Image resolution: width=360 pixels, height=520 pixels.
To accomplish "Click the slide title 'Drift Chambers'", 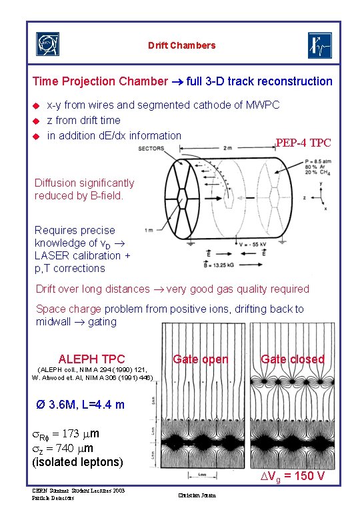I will (x=182, y=45).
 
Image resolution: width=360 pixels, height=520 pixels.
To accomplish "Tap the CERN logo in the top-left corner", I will (x=47, y=45).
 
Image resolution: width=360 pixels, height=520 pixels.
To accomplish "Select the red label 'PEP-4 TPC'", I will (x=303, y=143).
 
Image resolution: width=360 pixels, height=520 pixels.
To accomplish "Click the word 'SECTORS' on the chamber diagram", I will (x=151, y=149).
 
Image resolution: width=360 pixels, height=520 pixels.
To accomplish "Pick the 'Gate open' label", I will (x=201, y=359).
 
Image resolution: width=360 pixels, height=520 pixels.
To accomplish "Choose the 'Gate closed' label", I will (x=292, y=359).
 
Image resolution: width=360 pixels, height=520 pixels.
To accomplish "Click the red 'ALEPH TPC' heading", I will (x=91, y=359).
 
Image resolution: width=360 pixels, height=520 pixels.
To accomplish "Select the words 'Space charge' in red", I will (x=65, y=309).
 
